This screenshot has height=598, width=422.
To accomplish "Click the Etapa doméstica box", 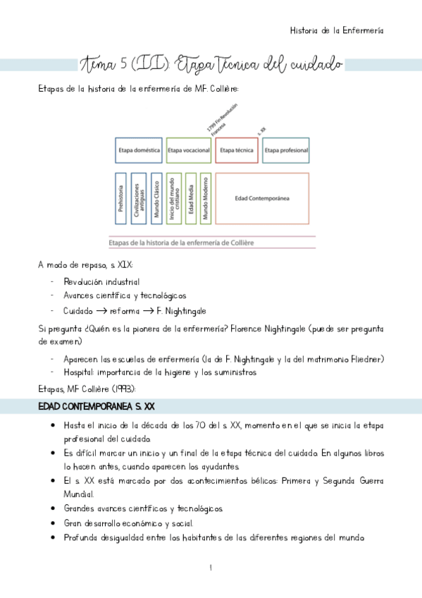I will (x=139, y=150).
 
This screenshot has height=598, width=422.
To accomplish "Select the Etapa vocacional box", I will (x=188, y=150).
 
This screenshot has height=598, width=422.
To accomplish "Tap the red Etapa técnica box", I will (x=237, y=150).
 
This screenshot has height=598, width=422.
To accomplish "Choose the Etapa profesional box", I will (x=286, y=150).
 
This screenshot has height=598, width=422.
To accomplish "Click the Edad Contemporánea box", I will (x=262, y=198).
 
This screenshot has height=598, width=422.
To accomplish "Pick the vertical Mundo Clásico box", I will (x=157, y=198).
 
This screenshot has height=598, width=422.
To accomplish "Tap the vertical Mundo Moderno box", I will (x=206, y=198).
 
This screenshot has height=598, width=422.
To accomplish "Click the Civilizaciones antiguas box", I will (x=138, y=198).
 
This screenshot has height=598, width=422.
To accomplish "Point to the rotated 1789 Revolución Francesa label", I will (x=223, y=118).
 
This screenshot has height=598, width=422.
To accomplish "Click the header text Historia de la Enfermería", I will (x=337, y=30).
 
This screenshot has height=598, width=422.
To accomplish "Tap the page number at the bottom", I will (x=211, y=567).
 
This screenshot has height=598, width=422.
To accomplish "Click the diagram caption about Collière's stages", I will (x=181, y=243).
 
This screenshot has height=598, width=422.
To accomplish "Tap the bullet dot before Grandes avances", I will (x=54, y=508).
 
